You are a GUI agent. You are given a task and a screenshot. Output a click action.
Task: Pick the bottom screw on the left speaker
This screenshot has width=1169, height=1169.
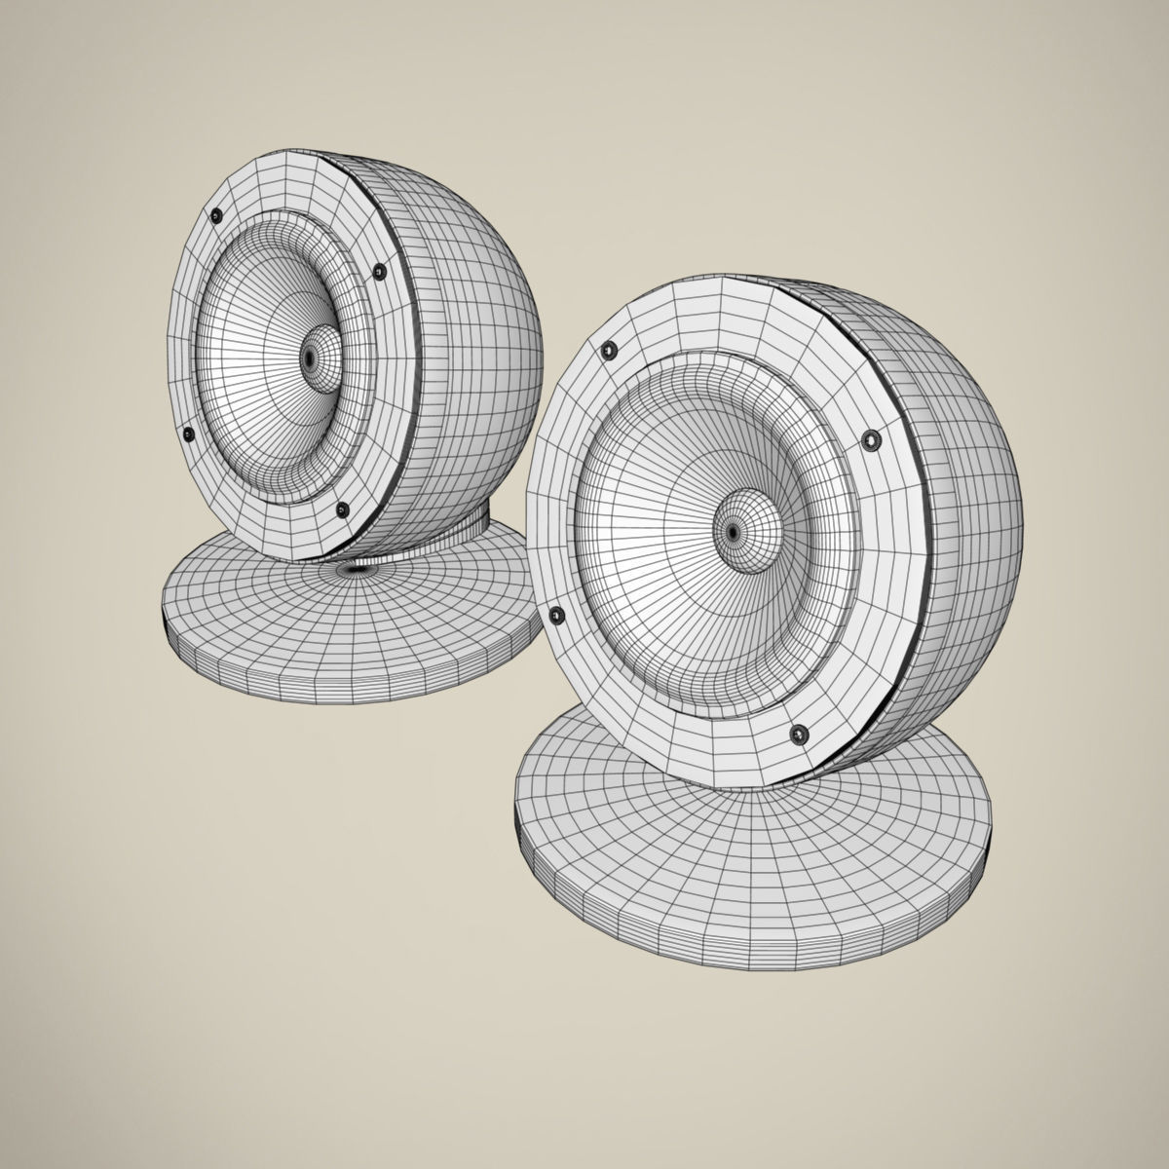341,509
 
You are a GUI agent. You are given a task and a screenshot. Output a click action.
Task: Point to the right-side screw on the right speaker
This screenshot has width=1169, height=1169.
870,441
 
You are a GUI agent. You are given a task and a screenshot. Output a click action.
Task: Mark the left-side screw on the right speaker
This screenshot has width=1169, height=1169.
556,614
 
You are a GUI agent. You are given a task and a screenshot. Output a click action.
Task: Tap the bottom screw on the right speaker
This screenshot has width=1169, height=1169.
801,733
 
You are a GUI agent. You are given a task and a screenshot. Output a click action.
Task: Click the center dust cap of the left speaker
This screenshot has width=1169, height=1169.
311,358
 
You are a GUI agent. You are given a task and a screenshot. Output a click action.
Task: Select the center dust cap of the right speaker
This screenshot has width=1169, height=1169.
733,532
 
